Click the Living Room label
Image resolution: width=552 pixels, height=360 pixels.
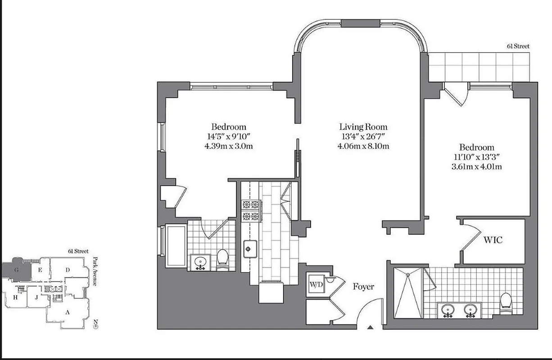click(x=363, y=127)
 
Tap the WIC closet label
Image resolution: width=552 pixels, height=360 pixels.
click(x=493, y=240)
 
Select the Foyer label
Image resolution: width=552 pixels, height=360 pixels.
click(x=363, y=287)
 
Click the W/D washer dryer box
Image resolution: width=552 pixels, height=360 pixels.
click(x=315, y=284)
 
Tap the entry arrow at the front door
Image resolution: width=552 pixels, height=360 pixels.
click(x=370, y=327)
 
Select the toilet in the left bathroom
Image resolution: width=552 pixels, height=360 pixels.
click(x=222, y=258)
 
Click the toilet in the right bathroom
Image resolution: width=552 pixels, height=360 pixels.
click(x=506, y=302)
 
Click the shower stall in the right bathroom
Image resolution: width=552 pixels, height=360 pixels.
click(x=408, y=293)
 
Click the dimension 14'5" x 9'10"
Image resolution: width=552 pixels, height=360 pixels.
click(x=229, y=136)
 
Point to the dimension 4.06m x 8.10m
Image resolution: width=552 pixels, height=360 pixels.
click(x=363, y=146)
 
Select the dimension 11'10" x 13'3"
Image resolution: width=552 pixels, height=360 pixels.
click(x=476, y=157)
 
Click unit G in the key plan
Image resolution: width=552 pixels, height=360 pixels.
click(x=16, y=270)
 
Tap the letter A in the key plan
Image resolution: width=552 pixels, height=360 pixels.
click(x=68, y=312)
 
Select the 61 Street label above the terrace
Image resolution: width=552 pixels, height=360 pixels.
click(x=517, y=46)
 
